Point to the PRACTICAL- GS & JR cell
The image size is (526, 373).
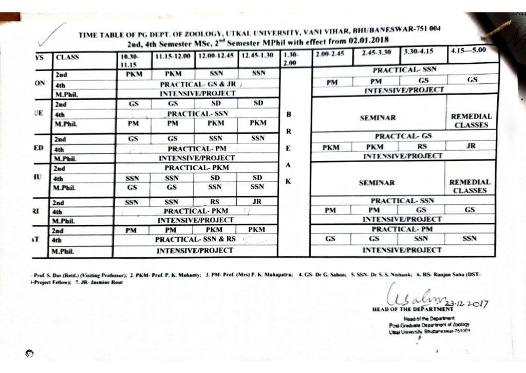click(x=198, y=84)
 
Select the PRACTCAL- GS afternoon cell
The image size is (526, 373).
click(x=403, y=137)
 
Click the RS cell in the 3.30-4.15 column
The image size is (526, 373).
click(x=423, y=147)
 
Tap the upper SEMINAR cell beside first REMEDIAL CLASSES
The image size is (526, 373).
click(x=378, y=118)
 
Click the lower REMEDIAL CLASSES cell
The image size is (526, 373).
click(x=470, y=186)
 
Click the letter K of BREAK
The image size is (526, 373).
click(x=288, y=182)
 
